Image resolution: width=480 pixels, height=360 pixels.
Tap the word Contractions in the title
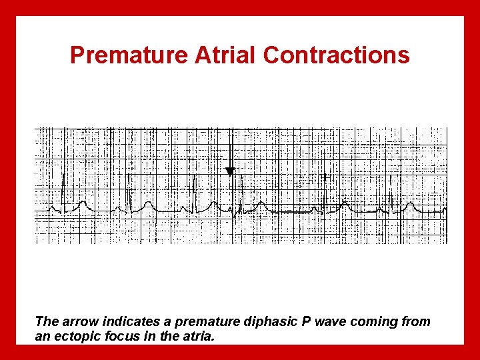[337, 55]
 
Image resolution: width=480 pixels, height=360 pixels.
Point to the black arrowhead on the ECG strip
[230, 171]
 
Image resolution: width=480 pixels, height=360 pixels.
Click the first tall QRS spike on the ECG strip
[63, 190]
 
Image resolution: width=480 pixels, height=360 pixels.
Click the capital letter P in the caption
[306, 322]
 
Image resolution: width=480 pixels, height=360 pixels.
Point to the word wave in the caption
[331, 322]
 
